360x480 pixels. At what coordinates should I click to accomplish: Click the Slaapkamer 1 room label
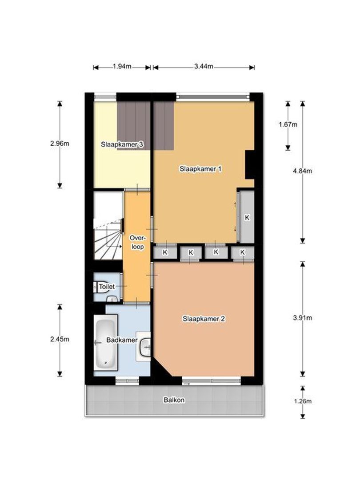200,169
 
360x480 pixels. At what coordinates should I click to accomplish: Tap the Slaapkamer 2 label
204,319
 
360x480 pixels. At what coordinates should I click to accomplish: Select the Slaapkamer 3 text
122,144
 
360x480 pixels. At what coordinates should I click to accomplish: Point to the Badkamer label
122,340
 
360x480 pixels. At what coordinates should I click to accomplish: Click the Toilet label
107,287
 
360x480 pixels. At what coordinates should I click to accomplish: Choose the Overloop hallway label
138,242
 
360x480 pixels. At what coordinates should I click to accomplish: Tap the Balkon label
174,400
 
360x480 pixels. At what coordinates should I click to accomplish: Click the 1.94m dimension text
122,66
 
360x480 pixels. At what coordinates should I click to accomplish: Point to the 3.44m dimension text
204,66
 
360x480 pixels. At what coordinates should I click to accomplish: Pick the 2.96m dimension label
60,143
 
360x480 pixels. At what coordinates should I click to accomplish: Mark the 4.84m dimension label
303,171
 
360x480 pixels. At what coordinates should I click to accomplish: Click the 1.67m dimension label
288,124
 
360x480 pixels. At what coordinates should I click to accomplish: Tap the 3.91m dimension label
303,318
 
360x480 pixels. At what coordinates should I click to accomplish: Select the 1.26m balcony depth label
303,401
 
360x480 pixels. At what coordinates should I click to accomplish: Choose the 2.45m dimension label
60,339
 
